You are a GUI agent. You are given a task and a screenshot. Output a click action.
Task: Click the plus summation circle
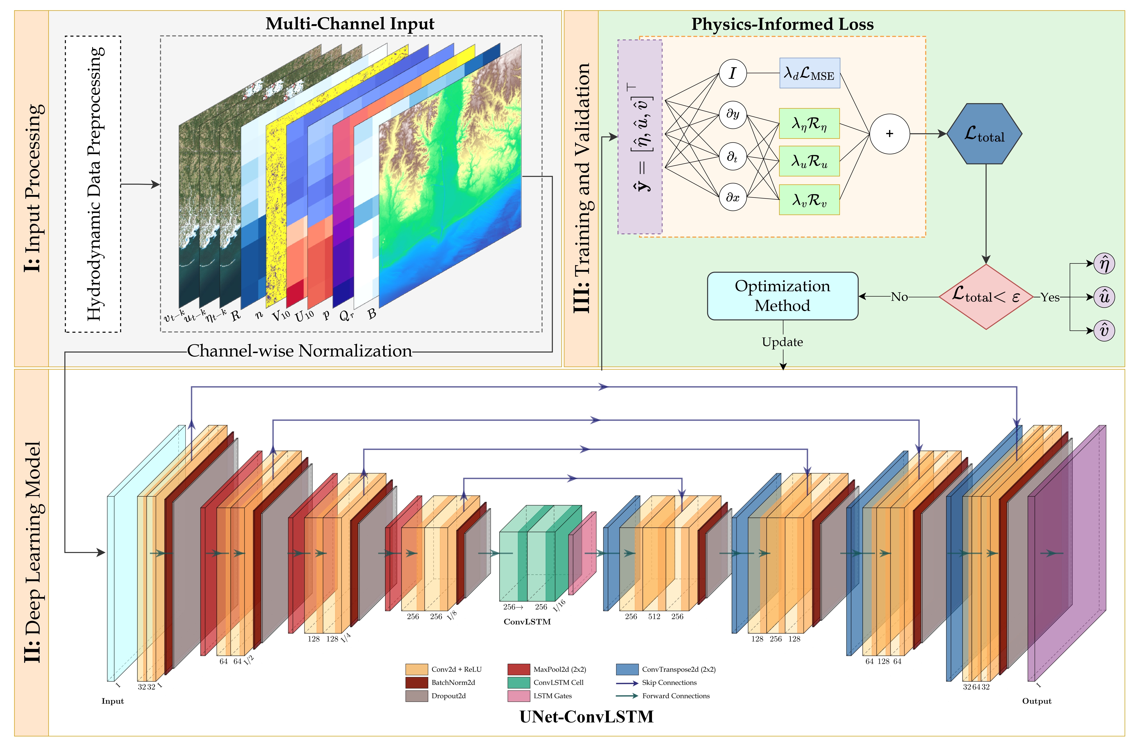(889, 134)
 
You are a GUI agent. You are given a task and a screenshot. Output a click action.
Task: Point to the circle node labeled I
(732, 73)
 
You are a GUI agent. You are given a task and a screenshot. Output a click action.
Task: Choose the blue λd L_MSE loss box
(809, 73)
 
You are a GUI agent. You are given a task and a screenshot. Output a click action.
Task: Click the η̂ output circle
(1104, 263)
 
